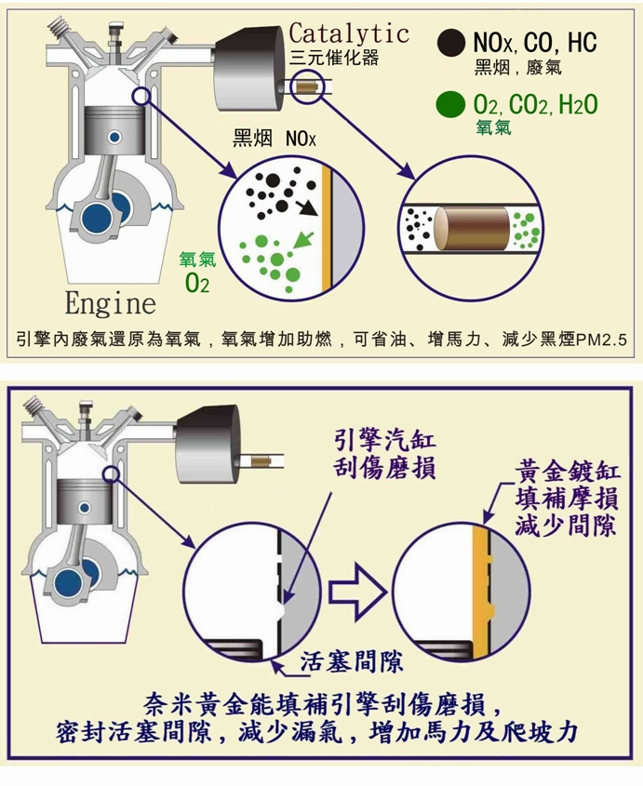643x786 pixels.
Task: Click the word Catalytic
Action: [349, 33]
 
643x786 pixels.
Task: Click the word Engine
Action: [110, 304]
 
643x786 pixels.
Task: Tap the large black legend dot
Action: [452, 42]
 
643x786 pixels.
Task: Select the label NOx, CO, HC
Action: [534, 42]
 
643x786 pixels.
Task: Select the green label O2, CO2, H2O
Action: [535, 104]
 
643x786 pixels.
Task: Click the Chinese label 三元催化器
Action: [334, 58]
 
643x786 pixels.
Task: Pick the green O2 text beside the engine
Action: [197, 283]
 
